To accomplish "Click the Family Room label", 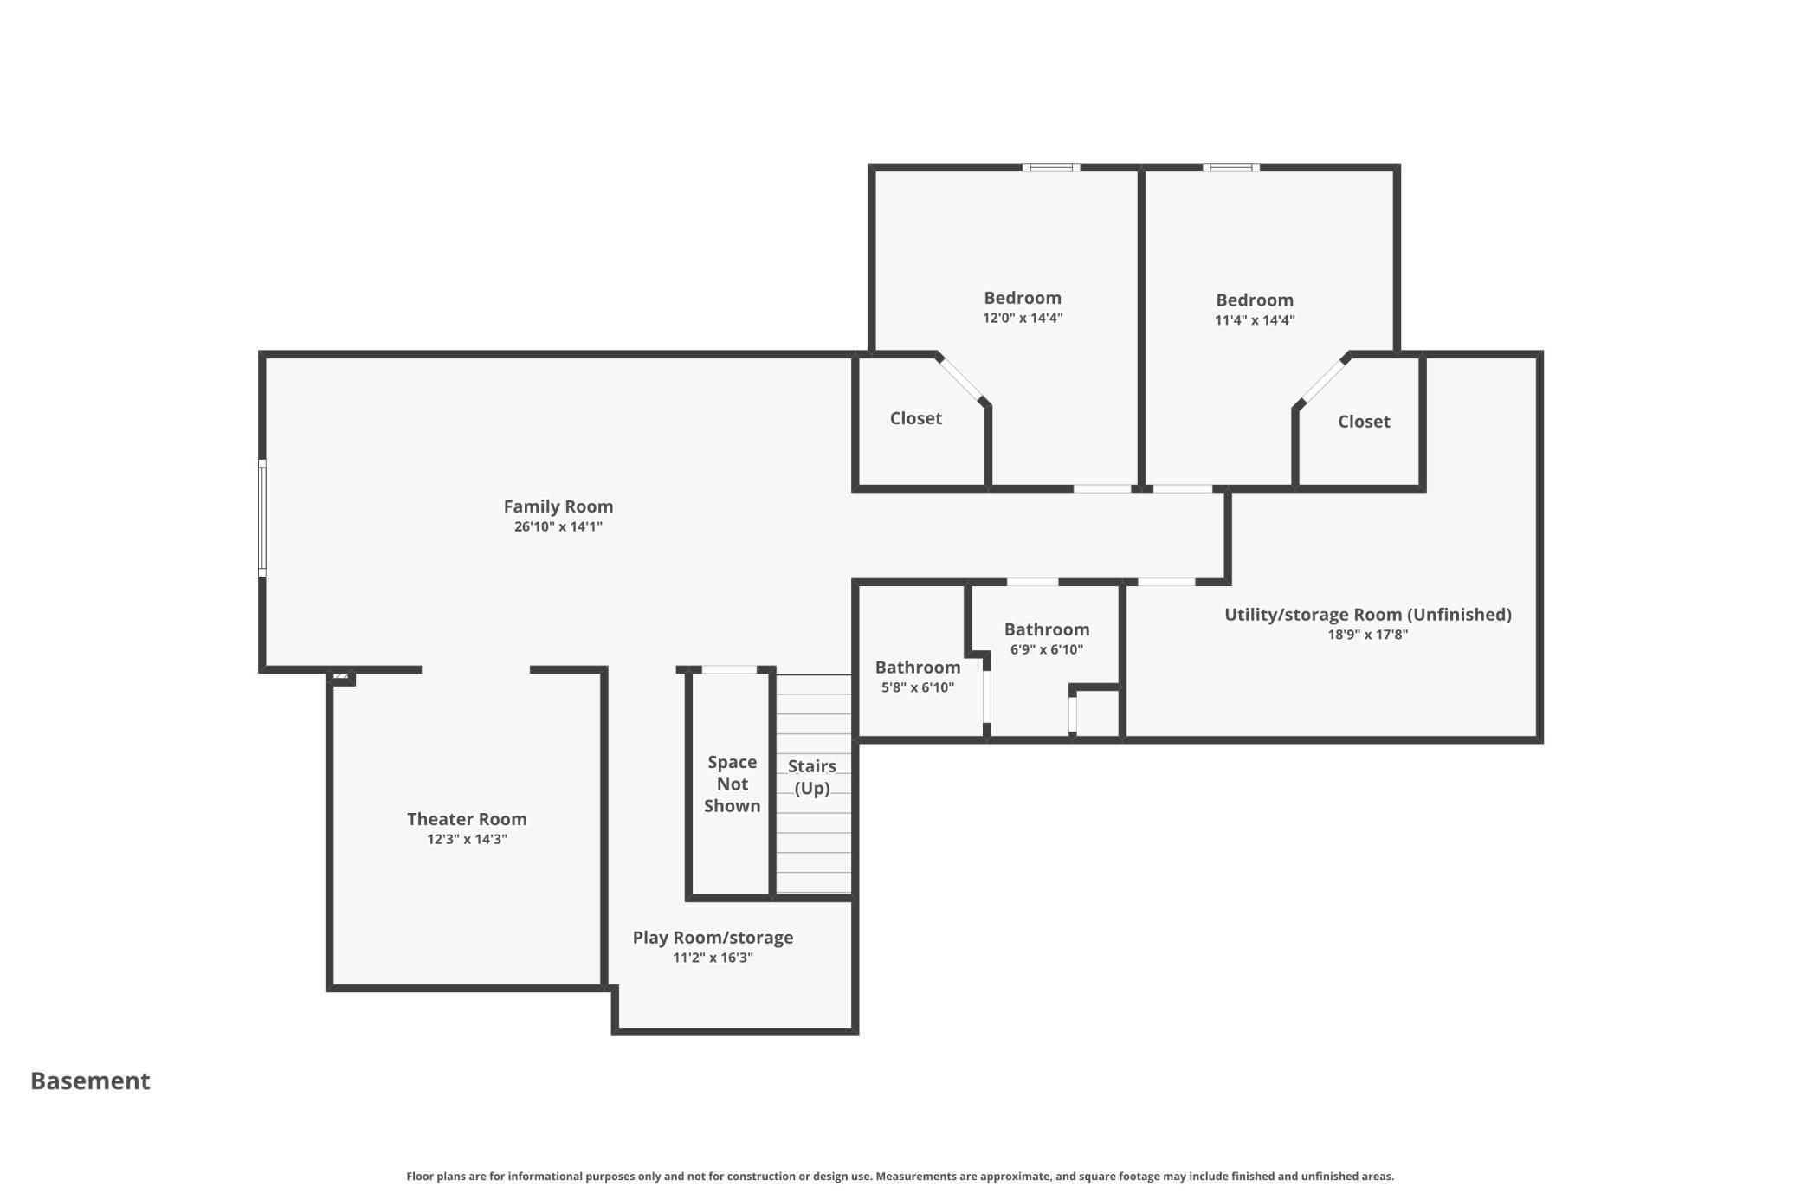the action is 558,506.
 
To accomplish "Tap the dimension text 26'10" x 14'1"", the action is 558,526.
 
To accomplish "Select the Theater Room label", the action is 467,819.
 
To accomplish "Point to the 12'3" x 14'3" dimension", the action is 467,839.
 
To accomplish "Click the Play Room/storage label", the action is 713,938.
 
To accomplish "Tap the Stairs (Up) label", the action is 812,777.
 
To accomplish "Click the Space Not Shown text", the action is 733,784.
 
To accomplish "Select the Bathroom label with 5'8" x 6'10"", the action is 918,668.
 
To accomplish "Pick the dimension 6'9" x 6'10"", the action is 1047,649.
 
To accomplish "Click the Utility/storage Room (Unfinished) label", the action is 1368,615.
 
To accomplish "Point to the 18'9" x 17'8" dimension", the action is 1368,635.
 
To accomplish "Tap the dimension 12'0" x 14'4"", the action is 1023,318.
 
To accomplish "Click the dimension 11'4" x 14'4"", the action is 1255,320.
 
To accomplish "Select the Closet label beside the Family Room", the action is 916,418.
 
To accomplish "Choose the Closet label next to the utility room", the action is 1364,422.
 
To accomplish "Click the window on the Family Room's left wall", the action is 262,518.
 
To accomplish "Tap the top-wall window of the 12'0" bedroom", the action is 1051,167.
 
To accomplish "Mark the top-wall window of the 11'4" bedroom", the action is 1230,167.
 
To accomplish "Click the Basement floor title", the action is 90,1081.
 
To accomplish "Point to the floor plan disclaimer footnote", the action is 900,1177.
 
